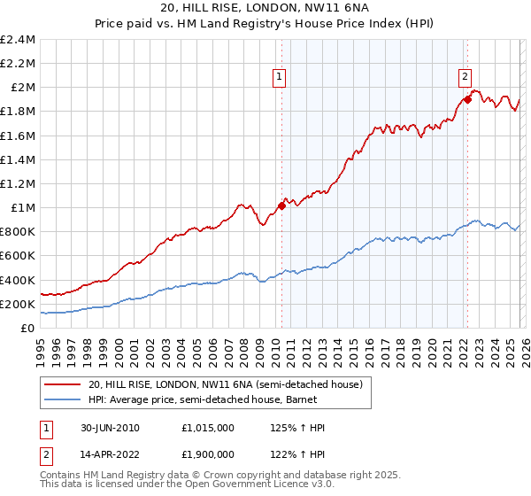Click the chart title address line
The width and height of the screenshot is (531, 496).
(265, 8)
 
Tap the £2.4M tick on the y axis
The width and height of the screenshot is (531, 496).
(18, 40)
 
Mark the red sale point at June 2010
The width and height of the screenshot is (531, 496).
(281, 205)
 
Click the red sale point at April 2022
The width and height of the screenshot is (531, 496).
(466, 99)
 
